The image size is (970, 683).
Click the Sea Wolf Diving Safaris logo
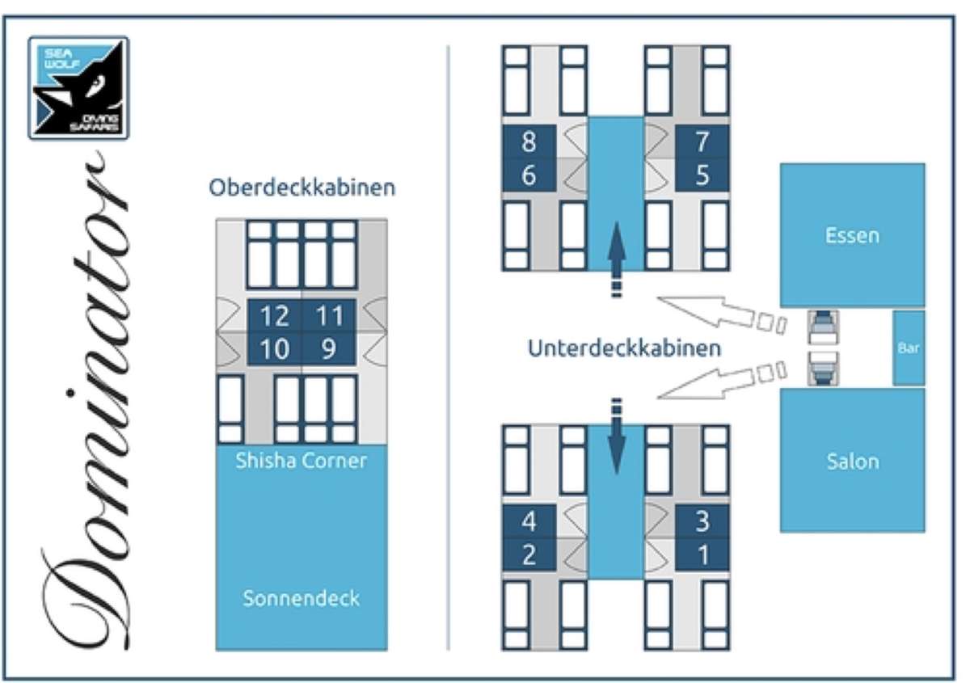click(x=78, y=88)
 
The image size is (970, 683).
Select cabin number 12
click(x=274, y=316)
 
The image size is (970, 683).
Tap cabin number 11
click(x=329, y=316)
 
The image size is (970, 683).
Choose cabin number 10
click(x=274, y=349)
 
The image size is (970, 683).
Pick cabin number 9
click(x=329, y=349)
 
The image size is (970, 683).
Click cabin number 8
click(x=529, y=141)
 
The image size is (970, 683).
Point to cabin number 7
click(x=702, y=141)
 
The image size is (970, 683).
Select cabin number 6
click(x=529, y=175)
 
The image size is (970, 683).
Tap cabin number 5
click(x=702, y=175)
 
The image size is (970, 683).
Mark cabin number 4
click(x=529, y=521)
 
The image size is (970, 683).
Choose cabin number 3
click(x=702, y=521)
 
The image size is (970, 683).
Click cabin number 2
click(x=529, y=554)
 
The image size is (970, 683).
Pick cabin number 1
click(x=702, y=554)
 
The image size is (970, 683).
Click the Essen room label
click(x=852, y=236)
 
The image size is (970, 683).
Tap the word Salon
click(x=853, y=462)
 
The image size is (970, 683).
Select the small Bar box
click(x=909, y=348)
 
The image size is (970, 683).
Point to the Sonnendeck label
click(x=302, y=599)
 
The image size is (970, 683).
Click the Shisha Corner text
click(x=302, y=461)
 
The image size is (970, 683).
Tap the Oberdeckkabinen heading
click(x=302, y=188)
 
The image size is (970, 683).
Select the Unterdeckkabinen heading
click(x=624, y=348)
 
